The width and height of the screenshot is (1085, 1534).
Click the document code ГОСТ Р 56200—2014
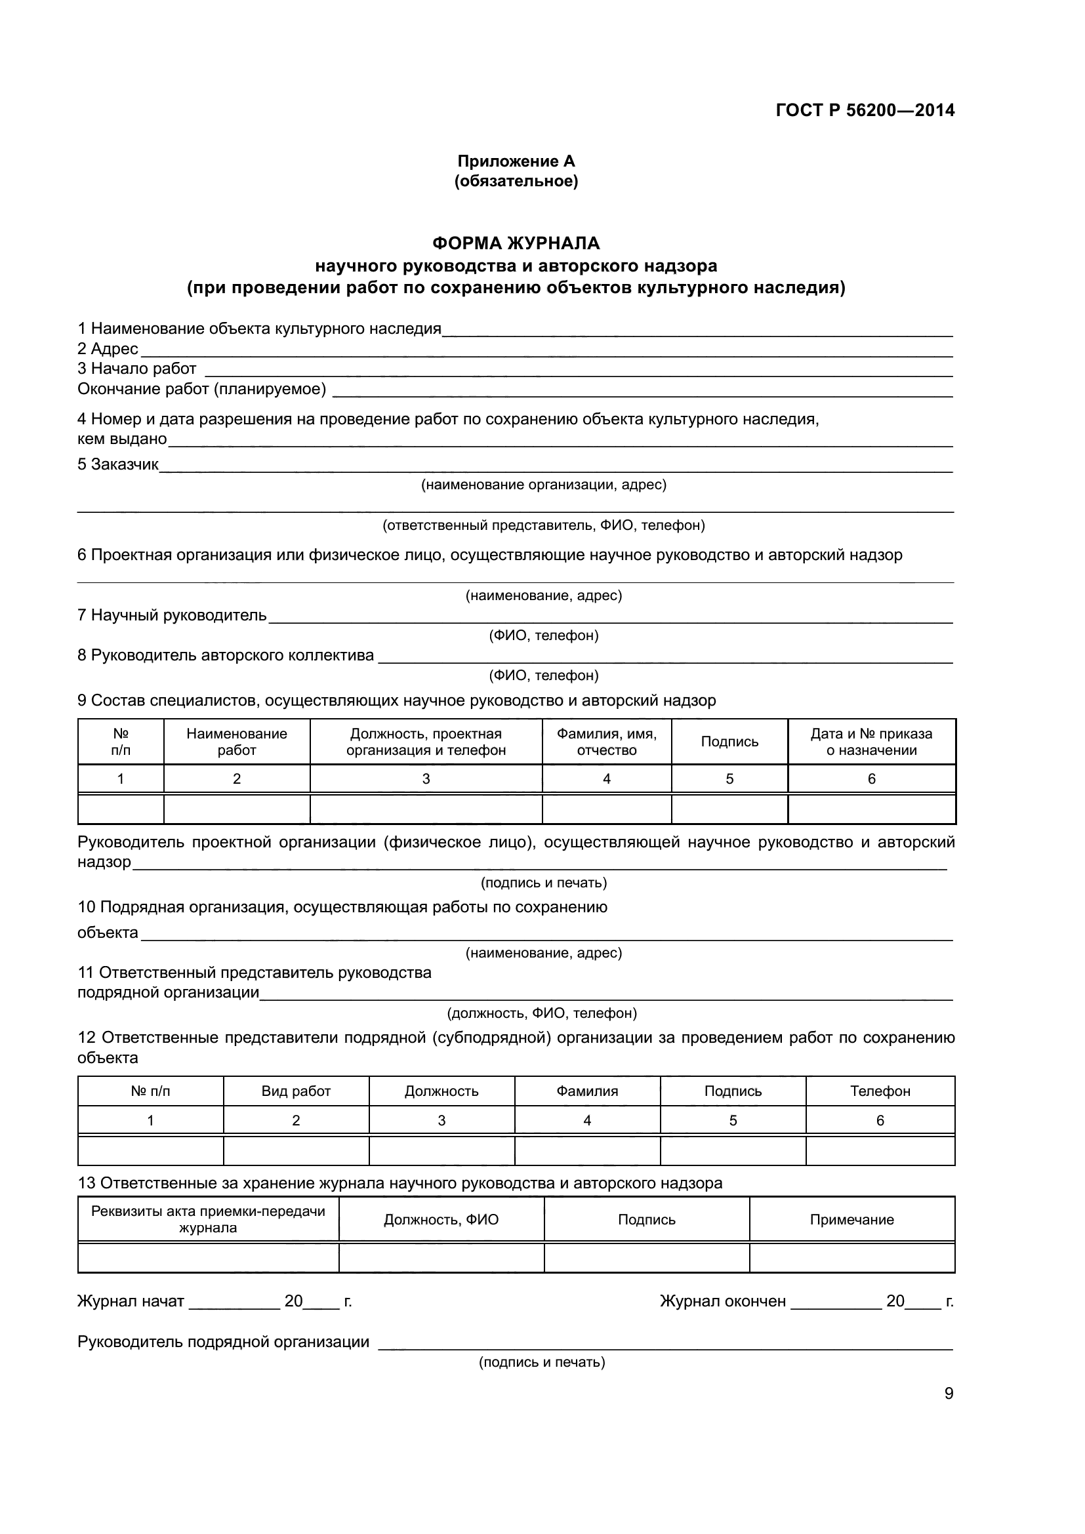865,110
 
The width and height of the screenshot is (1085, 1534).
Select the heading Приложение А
516,161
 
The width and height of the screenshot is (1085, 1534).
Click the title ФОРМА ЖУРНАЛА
516,243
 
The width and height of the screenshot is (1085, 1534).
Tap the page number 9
949,1393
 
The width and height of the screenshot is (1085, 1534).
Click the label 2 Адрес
108,349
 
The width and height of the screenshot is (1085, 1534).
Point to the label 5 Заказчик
117,464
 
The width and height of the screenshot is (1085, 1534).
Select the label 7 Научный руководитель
172,615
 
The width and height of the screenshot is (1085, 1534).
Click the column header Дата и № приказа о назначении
871,742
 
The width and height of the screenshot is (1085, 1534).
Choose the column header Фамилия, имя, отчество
607,742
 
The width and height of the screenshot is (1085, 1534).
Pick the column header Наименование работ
237,742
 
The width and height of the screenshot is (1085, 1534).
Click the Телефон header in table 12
880,1091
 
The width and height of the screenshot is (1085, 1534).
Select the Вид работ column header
296,1091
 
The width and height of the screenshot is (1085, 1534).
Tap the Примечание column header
852,1219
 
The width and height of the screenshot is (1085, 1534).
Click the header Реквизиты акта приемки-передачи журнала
208,1219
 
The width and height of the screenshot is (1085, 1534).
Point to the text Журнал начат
131,1301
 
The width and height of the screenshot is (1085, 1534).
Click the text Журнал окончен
723,1301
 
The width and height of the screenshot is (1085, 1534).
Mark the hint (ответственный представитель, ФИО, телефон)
543,525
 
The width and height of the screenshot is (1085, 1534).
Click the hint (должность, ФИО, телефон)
542,1013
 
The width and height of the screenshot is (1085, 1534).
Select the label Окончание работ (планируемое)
202,389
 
